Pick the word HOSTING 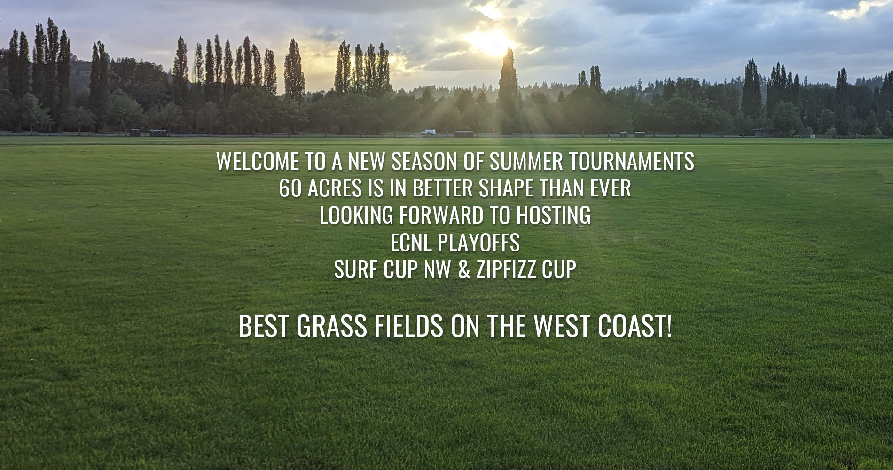[553, 216]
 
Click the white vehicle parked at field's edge [428, 133]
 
